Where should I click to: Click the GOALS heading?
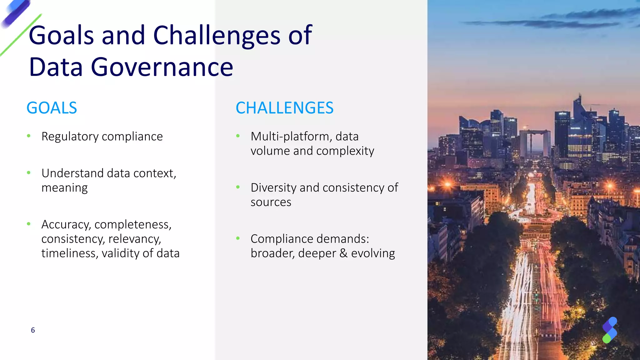pyautogui.click(x=52, y=108)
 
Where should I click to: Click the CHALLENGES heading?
pyautogui.click(x=284, y=108)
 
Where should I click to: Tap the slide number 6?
pyautogui.click(x=33, y=330)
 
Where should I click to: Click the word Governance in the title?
pyautogui.click(x=162, y=67)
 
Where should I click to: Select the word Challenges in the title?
pyautogui.click(x=217, y=35)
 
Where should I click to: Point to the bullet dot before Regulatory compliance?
pyautogui.click(x=29, y=136)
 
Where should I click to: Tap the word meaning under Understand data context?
pyautogui.click(x=64, y=188)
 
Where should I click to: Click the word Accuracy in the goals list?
pyautogui.click(x=66, y=225)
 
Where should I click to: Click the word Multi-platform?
pyautogui.click(x=290, y=137)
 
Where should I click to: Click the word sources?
pyautogui.click(x=271, y=202)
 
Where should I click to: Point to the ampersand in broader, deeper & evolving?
pyautogui.click(x=343, y=253)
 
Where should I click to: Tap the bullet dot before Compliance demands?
pyautogui.click(x=238, y=238)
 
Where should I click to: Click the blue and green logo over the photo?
pyautogui.click(x=610, y=330)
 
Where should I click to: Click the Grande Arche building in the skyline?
pyautogui.click(x=535, y=142)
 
